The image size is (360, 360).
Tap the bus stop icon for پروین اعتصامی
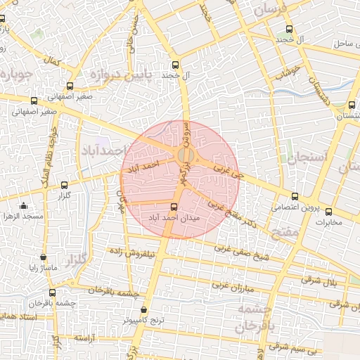coord(294,197)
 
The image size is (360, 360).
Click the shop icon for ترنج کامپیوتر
coord(144,309)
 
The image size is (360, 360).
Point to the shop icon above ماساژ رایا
coord(44,258)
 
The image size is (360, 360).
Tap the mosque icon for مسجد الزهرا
coord(24,206)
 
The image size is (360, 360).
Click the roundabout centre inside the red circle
coord(186,155)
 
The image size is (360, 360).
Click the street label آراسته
coord(84,338)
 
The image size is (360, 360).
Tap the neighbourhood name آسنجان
coord(309,157)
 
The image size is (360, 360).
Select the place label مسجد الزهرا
coord(22,217)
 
